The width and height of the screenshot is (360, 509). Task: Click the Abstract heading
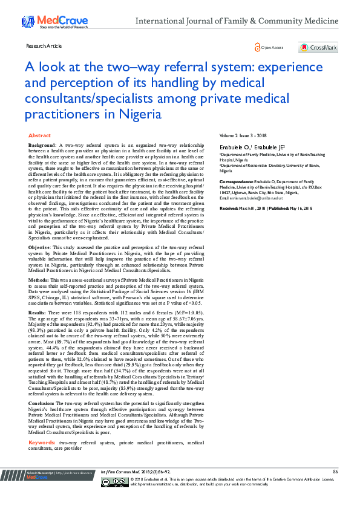[40, 136]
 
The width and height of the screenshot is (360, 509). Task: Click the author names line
[244, 147]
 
